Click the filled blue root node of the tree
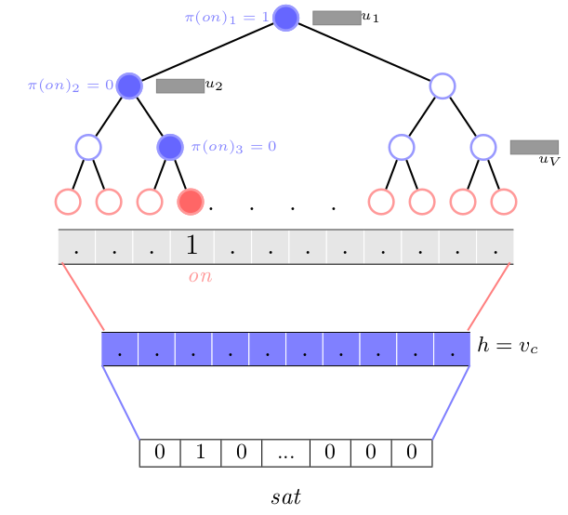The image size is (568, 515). (x=286, y=18)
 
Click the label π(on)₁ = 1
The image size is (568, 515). (x=229, y=18)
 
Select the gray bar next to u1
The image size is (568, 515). (x=336, y=18)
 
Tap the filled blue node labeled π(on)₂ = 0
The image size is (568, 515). (x=129, y=86)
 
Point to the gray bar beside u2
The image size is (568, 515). (x=179, y=86)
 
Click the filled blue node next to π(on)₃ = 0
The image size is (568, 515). (x=170, y=147)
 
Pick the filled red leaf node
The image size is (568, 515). (x=191, y=201)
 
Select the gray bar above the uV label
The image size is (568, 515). (x=534, y=147)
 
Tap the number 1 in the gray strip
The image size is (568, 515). (x=192, y=246)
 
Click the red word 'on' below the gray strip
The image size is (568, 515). (x=199, y=276)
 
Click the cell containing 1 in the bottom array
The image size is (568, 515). (x=198, y=453)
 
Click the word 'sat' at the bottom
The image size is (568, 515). (x=286, y=496)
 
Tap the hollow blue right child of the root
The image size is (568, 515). (x=443, y=86)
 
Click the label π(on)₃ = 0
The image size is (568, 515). (x=233, y=147)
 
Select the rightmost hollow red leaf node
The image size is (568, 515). (x=504, y=201)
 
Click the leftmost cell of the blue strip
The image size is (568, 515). (x=120, y=349)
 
